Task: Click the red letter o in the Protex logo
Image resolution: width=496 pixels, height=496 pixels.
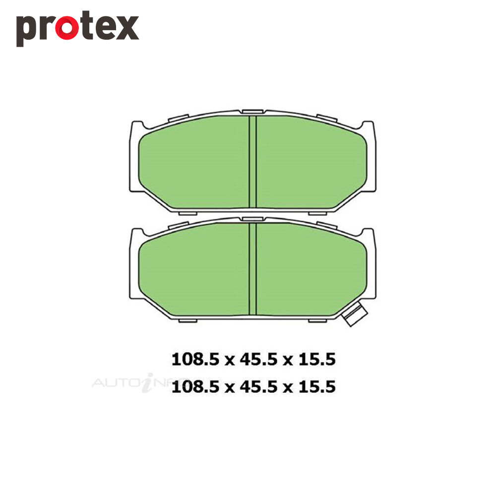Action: (67, 28)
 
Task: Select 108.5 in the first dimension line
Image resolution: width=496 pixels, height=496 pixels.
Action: (195, 360)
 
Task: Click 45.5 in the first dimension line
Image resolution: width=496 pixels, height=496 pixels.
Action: (258, 360)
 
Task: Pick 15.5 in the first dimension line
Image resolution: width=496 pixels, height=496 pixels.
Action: (317, 360)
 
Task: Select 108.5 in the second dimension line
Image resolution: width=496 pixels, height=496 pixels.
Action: (195, 387)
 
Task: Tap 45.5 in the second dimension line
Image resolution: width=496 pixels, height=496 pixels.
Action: (258, 387)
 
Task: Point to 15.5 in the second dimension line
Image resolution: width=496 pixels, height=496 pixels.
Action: (317, 387)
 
